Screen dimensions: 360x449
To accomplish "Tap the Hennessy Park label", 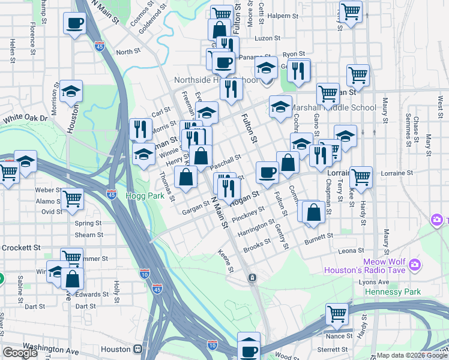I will [393, 292].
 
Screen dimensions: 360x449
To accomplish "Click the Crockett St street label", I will [20, 247].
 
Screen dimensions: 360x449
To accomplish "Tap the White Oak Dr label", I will [25, 118].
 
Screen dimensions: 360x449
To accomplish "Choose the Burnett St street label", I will [319, 239].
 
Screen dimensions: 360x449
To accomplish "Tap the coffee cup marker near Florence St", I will [75, 23].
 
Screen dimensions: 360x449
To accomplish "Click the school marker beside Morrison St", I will [71, 92].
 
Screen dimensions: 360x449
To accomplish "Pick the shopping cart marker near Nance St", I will [337, 314].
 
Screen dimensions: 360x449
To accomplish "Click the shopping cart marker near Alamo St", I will [72, 198].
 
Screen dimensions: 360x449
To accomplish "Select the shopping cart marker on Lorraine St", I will [361, 177].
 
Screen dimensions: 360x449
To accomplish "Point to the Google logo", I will [20, 353].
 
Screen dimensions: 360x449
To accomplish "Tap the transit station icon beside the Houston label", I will [139, 349].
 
